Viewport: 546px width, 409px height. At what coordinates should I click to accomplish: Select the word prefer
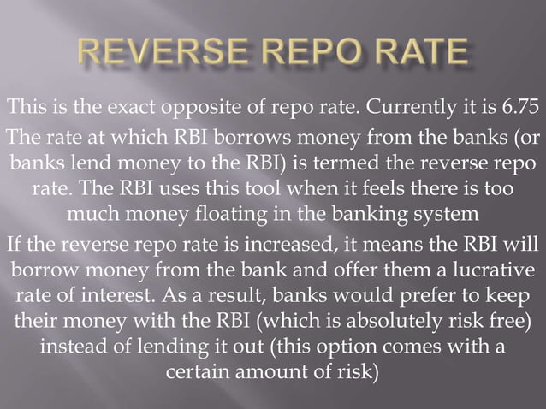406,302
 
